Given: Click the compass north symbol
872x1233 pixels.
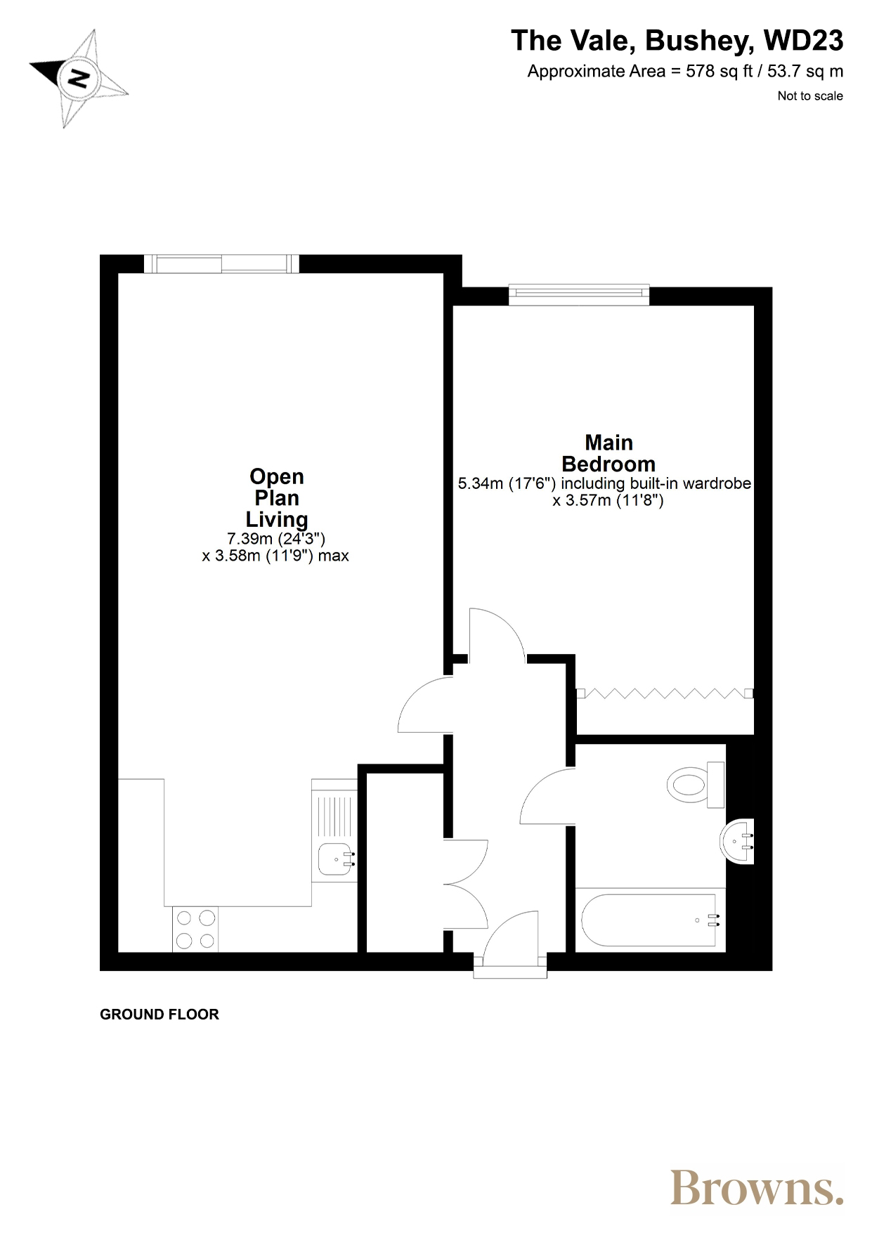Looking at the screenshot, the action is (x=78, y=78).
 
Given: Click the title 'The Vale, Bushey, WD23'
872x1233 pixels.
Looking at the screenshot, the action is (x=677, y=41).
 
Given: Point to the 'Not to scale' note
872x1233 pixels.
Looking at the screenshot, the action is (x=810, y=96).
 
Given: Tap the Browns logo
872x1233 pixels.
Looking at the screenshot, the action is (x=757, y=1187).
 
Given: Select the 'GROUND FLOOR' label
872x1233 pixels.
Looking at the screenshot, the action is (x=160, y=1015).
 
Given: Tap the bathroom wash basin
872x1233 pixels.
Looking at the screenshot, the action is (x=737, y=841).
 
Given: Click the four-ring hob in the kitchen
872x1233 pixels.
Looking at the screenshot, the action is (x=195, y=929).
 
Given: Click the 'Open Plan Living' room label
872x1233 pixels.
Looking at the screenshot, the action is (x=277, y=498).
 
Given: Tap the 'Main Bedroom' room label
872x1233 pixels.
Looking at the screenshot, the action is (x=609, y=453).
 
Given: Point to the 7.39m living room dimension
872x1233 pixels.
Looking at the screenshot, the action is (x=276, y=539).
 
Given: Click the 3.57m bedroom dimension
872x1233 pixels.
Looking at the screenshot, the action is (x=609, y=501).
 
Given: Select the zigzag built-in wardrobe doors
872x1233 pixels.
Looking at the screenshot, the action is (x=665, y=693).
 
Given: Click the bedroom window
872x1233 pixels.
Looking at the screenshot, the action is (x=579, y=295).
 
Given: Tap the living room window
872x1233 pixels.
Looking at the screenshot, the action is (x=221, y=263).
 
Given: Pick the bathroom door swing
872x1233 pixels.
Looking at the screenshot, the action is (x=547, y=796).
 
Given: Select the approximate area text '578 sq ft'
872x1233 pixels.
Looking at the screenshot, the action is (x=719, y=72).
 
